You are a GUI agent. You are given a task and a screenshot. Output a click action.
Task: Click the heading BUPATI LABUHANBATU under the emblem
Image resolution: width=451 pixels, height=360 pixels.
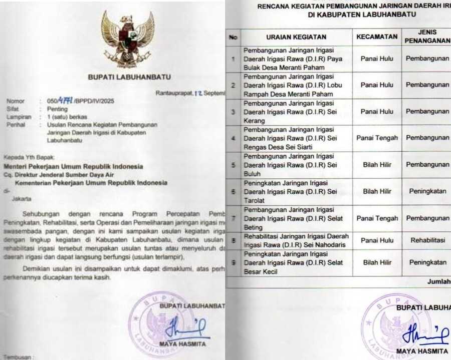[129, 77]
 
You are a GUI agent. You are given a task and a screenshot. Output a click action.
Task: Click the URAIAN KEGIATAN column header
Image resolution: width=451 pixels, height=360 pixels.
[296, 37]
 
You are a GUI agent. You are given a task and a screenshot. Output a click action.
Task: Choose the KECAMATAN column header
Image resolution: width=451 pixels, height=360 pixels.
[377, 37]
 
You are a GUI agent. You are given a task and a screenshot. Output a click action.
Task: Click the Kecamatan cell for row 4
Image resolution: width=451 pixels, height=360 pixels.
[377, 138]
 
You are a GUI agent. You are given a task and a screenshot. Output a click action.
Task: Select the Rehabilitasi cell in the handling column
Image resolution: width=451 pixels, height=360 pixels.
[427, 240]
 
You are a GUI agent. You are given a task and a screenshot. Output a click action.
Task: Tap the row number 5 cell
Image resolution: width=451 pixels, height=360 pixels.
[233, 165]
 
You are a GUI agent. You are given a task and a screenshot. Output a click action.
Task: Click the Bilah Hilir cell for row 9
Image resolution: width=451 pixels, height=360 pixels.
[377, 262]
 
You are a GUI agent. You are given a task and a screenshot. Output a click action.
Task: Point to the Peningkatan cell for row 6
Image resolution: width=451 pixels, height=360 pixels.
[427, 191]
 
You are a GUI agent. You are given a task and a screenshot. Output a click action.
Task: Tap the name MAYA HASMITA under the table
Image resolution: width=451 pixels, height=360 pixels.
[421, 351]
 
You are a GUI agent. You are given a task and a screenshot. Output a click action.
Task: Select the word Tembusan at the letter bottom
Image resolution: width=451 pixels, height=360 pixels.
[18, 357]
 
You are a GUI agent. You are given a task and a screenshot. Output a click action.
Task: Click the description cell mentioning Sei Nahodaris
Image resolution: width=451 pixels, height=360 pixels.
[296, 240]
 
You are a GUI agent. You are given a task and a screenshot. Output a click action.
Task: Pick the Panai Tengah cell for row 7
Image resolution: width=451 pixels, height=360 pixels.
[377, 218]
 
